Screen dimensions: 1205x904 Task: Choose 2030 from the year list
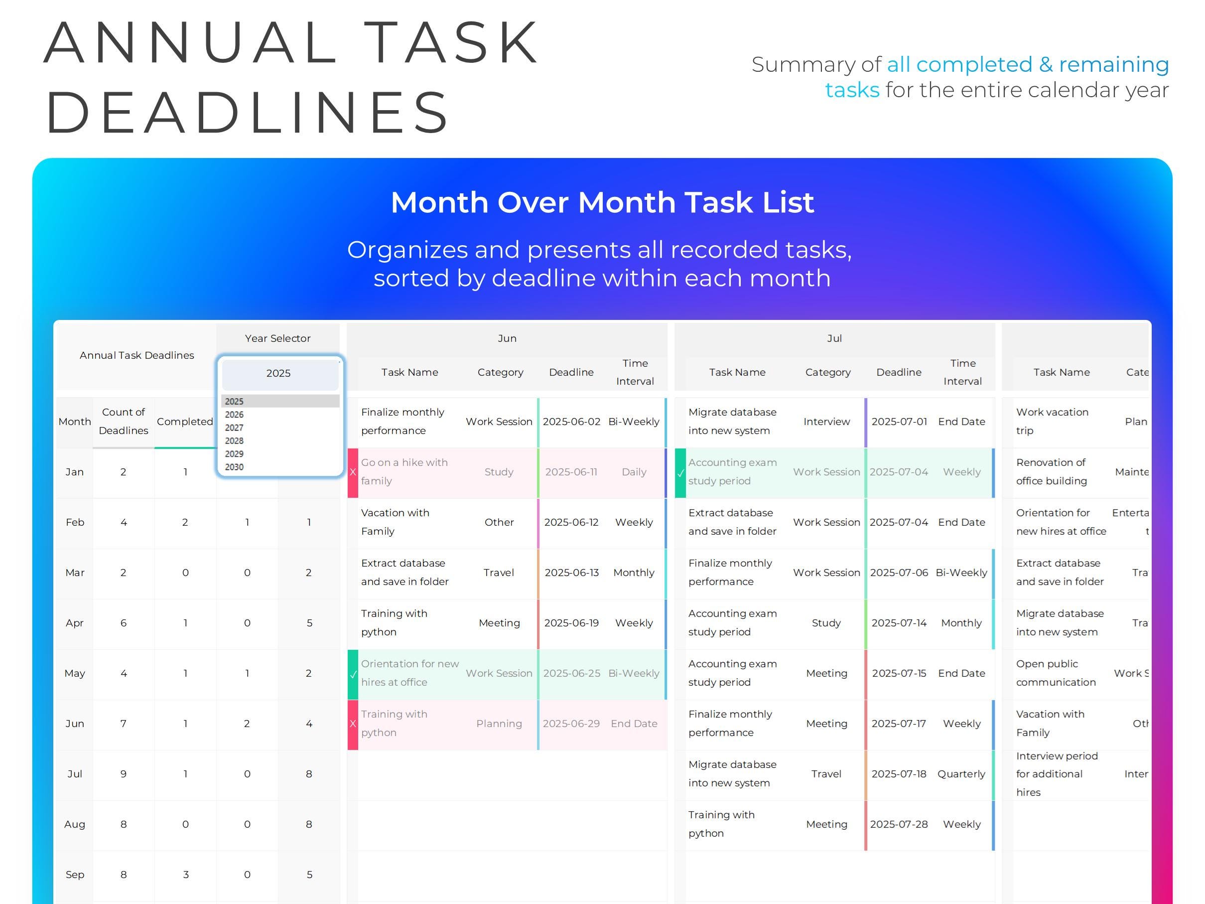234,467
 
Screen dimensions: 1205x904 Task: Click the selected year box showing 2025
278,374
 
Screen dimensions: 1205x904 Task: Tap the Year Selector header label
278,338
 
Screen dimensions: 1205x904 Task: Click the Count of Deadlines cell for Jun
124,724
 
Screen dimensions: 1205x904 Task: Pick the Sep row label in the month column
75,875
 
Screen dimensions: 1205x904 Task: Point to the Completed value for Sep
186,875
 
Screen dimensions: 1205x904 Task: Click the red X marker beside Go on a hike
353,472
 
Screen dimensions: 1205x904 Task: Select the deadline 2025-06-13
571,573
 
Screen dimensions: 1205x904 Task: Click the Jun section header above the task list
507,338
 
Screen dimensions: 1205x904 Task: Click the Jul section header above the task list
834,338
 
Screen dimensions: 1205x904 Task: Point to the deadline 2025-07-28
899,824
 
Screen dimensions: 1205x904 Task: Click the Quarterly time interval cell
961,774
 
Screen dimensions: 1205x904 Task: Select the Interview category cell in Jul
826,422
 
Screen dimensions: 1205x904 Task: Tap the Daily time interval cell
634,472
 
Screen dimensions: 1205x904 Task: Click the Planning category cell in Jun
499,724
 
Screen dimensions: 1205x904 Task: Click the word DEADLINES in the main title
248,112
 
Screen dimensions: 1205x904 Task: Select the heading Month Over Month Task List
603,203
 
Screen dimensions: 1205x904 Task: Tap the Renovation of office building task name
1052,472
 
